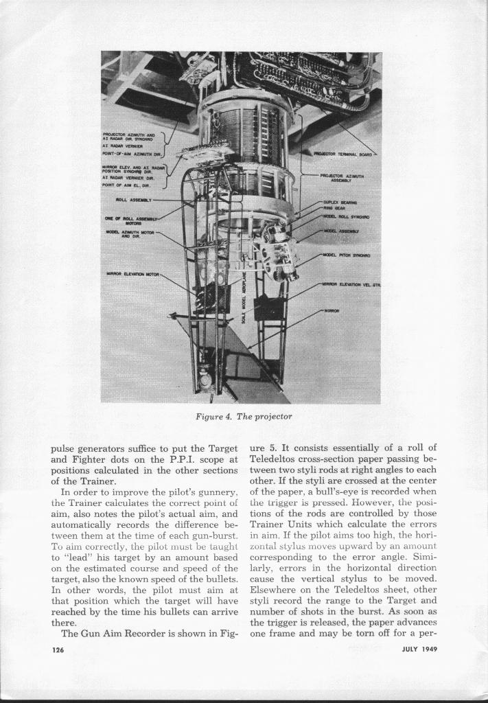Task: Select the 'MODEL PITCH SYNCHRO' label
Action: point(345,255)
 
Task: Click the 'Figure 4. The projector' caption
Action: point(244,417)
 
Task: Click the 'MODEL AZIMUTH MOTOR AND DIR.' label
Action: point(130,234)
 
